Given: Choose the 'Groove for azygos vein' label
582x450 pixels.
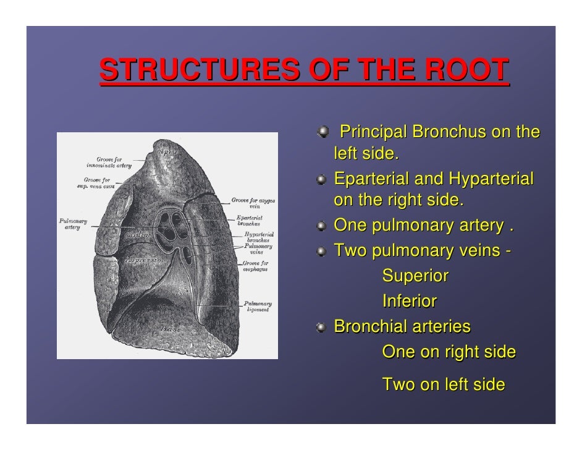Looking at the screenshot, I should pyautogui.click(x=253, y=203).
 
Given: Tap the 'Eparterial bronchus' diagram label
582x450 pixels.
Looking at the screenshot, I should pyautogui.click(x=250, y=221).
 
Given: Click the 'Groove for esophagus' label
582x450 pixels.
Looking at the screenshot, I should pyautogui.click(x=255, y=271).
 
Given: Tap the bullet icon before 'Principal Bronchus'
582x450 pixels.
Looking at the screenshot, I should pyautogui.click(x=323, y=133).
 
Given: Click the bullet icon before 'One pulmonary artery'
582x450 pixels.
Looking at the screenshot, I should pyautogui.click(x=323, y=227).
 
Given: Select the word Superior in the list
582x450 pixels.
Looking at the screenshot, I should pyautogui.click(x=415, y=276).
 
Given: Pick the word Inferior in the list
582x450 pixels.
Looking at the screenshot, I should pyautogui.click(x=410, y=301).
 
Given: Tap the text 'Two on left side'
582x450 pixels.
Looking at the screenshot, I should pyautogui.click(x=444, y=384).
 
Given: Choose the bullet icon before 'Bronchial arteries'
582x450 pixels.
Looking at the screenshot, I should pyautogui.click(x=323, y=327).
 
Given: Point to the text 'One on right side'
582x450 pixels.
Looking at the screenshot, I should pyautogui.click(x=449, y=352).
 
